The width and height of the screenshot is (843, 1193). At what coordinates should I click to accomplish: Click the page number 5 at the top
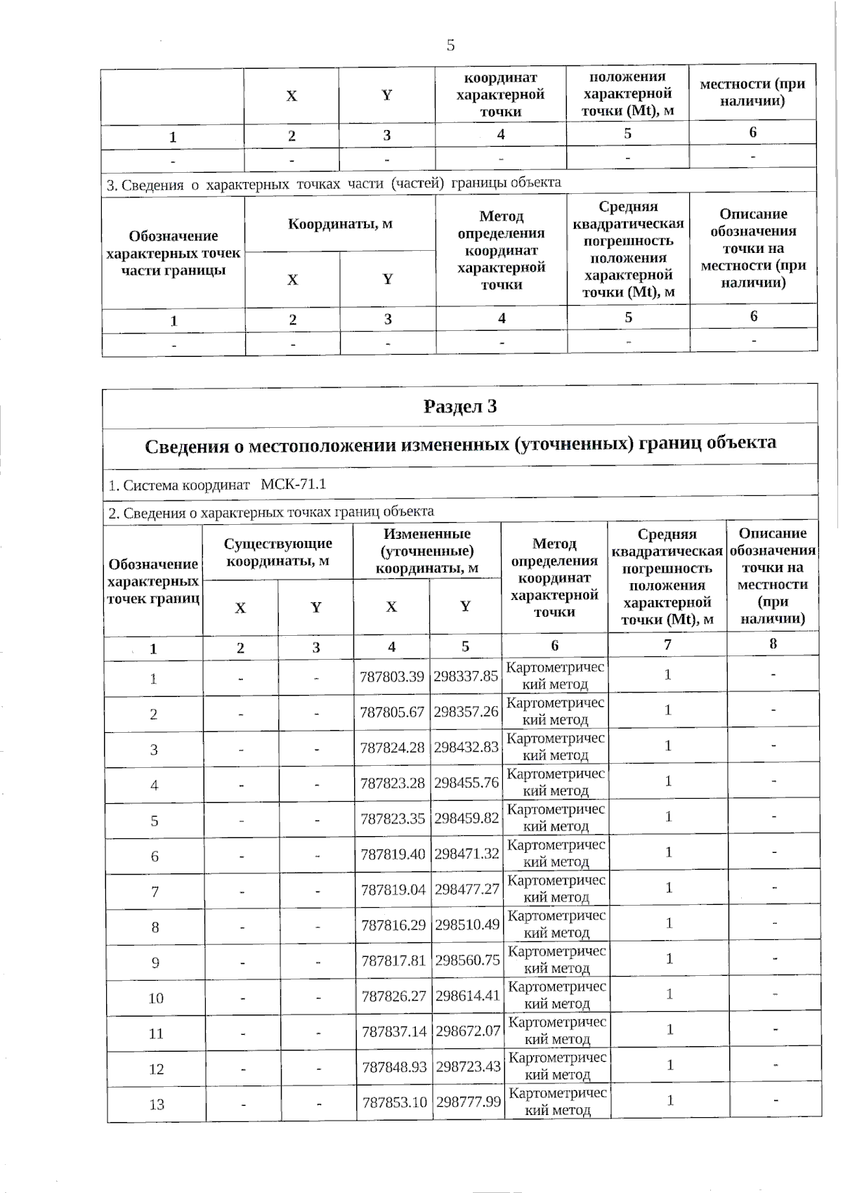coord(450,46)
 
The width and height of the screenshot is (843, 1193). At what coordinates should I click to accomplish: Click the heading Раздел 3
coord(460,407)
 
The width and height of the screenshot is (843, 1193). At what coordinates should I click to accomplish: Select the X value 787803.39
coord(392,676)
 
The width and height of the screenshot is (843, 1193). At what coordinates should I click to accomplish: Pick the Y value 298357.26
coord(466,711)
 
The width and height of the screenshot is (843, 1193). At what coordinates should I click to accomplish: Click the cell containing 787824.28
coord(392,747)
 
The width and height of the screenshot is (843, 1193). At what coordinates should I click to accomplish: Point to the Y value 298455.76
coord(466,782)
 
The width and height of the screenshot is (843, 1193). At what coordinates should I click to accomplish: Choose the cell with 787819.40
coord(393,854)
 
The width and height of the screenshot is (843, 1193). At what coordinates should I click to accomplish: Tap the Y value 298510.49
coord(467,924)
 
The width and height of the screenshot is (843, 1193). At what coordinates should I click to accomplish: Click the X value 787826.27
coord(393,995)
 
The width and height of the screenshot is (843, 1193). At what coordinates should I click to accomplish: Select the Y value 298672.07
coord(468,1031)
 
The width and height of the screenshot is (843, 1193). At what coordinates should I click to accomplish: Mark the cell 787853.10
coord(394,1102)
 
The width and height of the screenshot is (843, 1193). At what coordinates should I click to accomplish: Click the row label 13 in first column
coord(157,1104)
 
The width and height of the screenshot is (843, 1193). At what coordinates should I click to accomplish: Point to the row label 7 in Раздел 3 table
coord(155,892)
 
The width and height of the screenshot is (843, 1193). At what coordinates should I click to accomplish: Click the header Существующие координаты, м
coord(277,552)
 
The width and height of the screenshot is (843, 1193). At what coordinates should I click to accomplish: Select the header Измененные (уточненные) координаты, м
coord(426,551)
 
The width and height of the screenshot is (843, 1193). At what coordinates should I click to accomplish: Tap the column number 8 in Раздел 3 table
coord(773,644)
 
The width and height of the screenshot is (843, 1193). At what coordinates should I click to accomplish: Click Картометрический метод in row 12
coord(557,1066)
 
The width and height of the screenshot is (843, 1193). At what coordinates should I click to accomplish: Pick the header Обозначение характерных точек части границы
coord(173,253)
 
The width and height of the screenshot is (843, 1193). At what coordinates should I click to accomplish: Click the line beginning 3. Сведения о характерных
coord(334,184)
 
